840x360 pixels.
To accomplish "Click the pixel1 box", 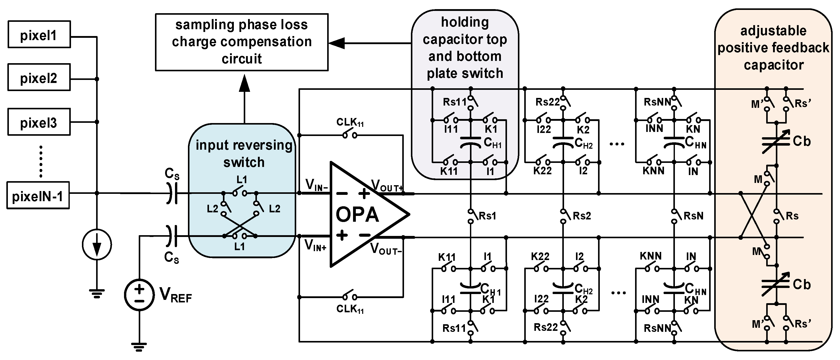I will tap(39, 35).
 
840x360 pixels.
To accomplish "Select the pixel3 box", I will tap(39, 122).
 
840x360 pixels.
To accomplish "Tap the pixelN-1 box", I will tap(38, 196).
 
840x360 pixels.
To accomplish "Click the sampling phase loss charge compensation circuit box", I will tap(242, 42).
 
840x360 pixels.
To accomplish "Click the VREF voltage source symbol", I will tap(139, 295).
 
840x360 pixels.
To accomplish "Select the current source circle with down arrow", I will tap(97, 245).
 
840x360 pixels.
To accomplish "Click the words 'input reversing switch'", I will tap(244, 153).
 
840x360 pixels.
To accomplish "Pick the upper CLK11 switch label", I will tap(350, 123).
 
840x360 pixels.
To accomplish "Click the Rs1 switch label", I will tap(487, 216).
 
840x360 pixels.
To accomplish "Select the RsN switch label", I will tap(693, 216).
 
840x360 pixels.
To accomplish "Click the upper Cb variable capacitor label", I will tap(801, 141).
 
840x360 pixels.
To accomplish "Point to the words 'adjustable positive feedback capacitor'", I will tap(773, 48).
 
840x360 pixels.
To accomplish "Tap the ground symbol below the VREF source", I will tap(139, 347).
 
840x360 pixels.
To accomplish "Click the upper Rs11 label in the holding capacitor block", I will tap(454, 102).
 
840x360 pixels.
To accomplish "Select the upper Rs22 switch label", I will tap(548, 102).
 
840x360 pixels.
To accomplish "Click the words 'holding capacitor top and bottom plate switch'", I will tap(465, 48).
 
